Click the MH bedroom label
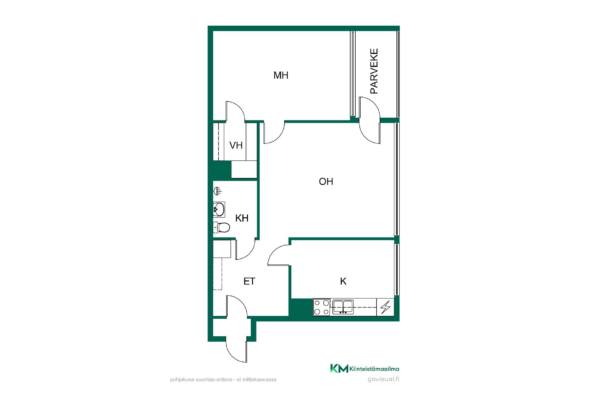pyautogui.click(x=281, y=75)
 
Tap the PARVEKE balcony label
pyautogui.click(x=374, y=71)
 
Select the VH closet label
pyautogui.click(x=236, y=145)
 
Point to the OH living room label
pyautogui.click(x=326, y=181)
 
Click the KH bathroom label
pyautogui.click(x=242, y=218)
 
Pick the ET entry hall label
pyautogui.click(x=249, y=281)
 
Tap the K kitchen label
pyautogui.click(x=343, y=281)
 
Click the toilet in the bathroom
pyautogui.click(x=221, y=227)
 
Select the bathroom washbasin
pyautogui.click(x=219, y=209)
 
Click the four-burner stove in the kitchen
pyautogui.click(x=322, y=307)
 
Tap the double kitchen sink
pyautogui.click(x=343, y=307)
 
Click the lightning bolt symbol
pyautogui.click(x=385, y=307)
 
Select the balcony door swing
pyautogui.click(x=369, y=120)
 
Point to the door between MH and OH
pyautogui.click(x=274, y=132)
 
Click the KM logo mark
pyautogui.click(x=339, y=368)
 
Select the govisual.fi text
pyautogui.click(x=383, y=379)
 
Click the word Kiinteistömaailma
pyautogui.click(x=374, y=369)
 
